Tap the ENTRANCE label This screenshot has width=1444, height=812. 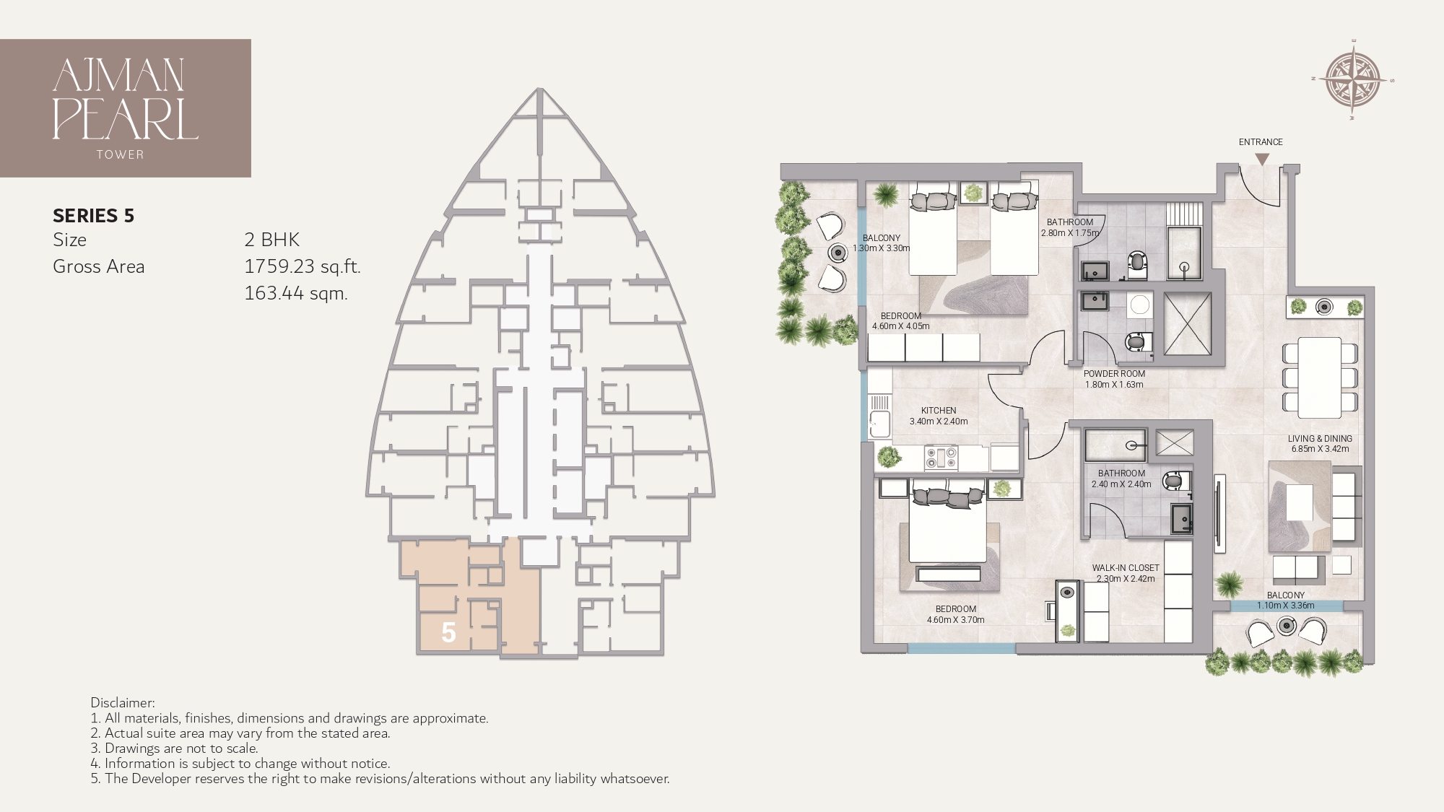1261,142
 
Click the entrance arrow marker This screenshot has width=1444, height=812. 1261,159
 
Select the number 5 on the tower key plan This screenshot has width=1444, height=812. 448,633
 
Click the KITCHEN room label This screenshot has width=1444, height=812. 939,411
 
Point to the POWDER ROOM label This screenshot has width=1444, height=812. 1114,374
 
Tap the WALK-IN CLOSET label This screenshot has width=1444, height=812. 1126,568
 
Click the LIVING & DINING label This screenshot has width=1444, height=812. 1320,438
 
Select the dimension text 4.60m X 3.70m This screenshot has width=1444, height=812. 955,619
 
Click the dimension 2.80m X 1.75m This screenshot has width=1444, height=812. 1070,233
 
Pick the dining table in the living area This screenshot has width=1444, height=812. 1319,377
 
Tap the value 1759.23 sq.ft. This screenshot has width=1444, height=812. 302,266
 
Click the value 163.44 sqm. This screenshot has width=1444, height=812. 296,293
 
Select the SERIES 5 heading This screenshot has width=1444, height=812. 94,215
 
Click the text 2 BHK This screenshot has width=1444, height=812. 271,240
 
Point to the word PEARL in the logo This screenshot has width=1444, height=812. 125,119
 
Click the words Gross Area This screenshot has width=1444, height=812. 98,266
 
